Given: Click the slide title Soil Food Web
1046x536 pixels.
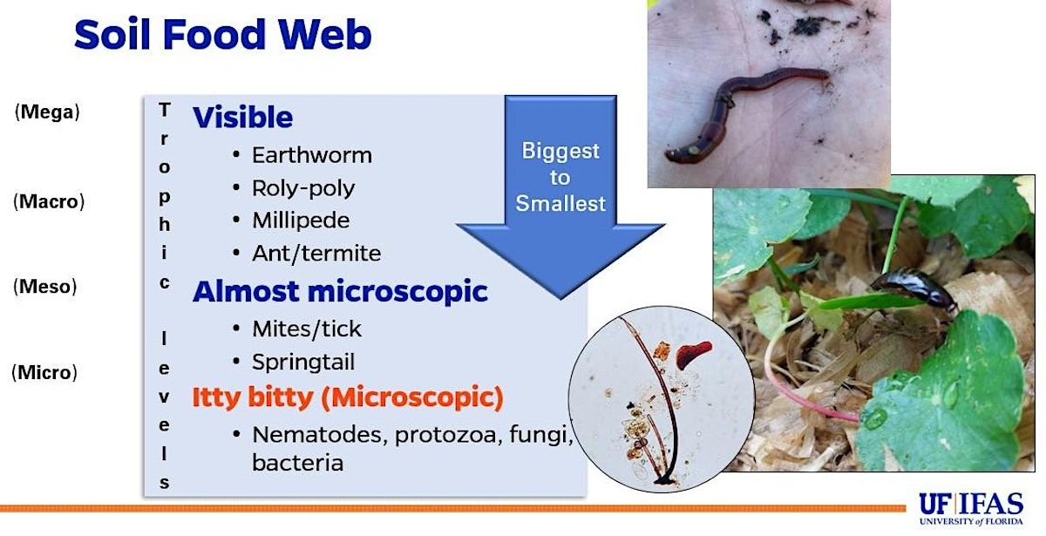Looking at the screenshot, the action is (x=223, y=35).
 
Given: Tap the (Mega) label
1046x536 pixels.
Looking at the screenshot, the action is (x=47, y=112).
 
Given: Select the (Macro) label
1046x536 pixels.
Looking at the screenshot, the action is (x=49, y=201).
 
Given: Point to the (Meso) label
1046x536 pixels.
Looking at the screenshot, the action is (x=44, y=286).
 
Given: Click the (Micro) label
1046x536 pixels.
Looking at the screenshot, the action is (x=44, y=373).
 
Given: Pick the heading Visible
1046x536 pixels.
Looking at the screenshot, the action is (x=243, y=117).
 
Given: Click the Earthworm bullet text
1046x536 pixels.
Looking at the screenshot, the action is (x=312, y=155).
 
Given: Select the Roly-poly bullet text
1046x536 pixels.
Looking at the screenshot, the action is (x=303, y=188).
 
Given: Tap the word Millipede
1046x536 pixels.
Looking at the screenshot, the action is (x=301, y=221).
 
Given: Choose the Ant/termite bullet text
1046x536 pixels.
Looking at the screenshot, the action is (x=316, y=254).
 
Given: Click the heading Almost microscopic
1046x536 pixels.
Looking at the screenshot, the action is (x=341, y=291).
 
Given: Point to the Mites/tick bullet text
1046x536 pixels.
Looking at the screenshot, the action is (x=307, y=329).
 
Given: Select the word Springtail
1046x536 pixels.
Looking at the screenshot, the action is (x=303, y=363).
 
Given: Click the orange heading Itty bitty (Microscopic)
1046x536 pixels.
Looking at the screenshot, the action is (x=348, y=397).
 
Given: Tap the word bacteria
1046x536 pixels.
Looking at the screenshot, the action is (x=298, y=463).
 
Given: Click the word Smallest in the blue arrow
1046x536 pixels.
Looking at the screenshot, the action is (x=560, y=204).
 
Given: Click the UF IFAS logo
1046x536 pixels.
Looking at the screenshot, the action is (x=971, y=508).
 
